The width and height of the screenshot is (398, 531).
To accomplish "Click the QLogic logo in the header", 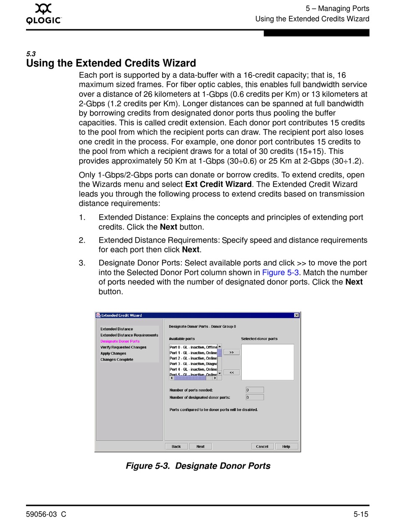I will pyautogui.click(x=44, y=14).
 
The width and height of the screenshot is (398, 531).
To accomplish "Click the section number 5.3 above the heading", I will pyautogui.click(x=31, y=54).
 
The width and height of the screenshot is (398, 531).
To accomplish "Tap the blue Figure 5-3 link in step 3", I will pyautogui.click(x=280, y=273).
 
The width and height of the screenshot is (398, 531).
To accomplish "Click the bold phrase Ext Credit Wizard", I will pyautogui.click(x=218, y=184).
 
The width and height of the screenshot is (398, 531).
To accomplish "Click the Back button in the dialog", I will pyautogui.click(x=176, y=446).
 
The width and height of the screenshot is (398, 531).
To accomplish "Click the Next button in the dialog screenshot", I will pyautogui.click(x=201, y=446).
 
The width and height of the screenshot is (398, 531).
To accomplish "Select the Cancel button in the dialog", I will pyautogui.click(x=262, y=446).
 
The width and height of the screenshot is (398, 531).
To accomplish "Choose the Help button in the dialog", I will pyautogui.click(x=287, y=446).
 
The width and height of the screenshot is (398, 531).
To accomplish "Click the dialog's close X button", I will pyautogui.click(x=297, y=315).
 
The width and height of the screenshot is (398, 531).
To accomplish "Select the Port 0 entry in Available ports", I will pyautogui.click(x=193, y=347).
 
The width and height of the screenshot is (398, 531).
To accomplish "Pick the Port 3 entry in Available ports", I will pyautogui.click(x=193, y=364).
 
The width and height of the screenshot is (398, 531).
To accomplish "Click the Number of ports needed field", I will pyautogui.click(x=255, y=390).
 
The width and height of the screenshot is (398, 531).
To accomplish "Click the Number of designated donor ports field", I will pyautogui.click(x=255, y=397).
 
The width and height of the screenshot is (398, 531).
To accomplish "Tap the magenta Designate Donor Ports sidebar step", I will pyautogui.click(x=120, y=341).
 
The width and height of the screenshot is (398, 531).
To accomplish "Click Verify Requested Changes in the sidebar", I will pyautogui.click(x=123, y=347).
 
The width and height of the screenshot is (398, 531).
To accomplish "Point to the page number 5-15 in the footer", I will pyautogui.click(x=361, y=514).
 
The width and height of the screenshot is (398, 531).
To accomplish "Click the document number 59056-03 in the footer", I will pyautogui.click(x=41, y=514).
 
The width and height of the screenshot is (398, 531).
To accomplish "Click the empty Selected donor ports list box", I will pyautogui.click(x=268, y=362).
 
